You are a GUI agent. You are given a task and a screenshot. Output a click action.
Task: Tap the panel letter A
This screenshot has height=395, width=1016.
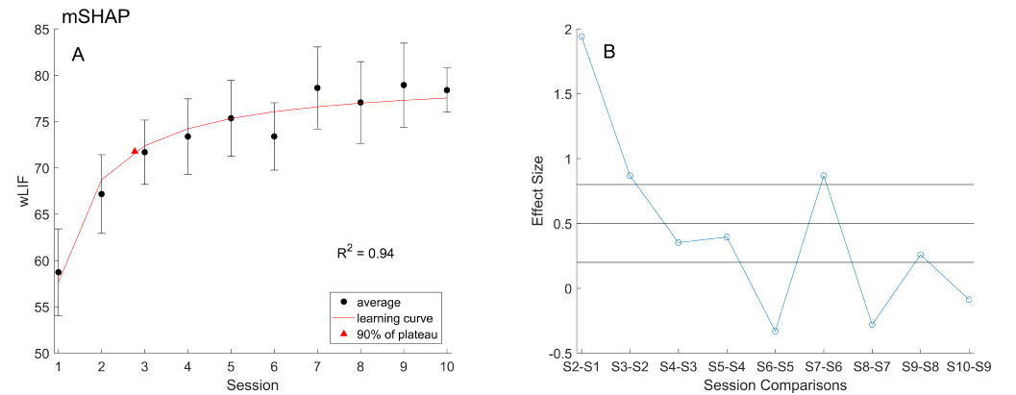(x=79, y=55)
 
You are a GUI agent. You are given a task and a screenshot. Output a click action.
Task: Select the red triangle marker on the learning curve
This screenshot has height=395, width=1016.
(x=135, y=151)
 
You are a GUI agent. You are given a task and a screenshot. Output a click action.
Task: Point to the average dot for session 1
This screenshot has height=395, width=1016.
(x=59, y=272)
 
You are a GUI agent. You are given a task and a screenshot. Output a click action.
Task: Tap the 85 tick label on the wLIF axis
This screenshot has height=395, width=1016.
(x=40, y=29)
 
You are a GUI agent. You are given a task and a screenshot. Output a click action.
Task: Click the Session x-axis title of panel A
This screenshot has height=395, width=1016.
(x=252, y=385)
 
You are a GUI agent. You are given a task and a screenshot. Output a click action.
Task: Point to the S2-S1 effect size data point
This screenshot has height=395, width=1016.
(x=582, y=37)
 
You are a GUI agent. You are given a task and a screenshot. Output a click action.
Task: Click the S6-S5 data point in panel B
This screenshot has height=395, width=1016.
(x=775, y=331)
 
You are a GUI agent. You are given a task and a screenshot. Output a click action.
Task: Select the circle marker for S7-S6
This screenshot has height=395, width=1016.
(x=824, y=176)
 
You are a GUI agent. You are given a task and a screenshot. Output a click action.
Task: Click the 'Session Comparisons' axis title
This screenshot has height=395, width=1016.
(x=775, y=385)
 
